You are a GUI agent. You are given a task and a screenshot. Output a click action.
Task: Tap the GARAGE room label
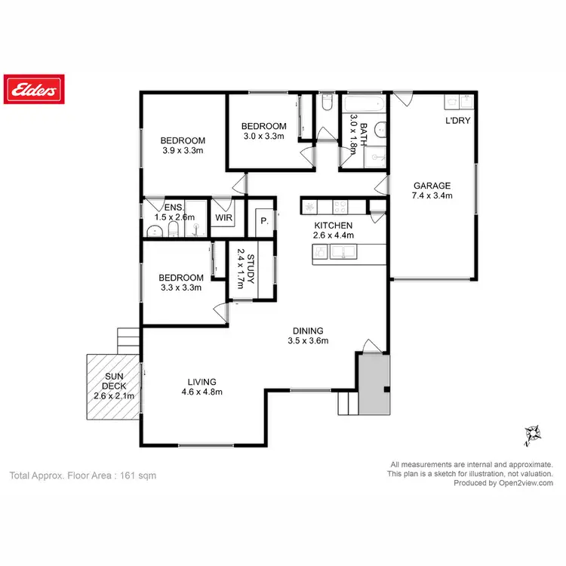coord(432,186)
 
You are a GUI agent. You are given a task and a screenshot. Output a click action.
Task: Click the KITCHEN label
coord(334,225)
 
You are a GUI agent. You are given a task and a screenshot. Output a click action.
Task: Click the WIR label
coord(224,217)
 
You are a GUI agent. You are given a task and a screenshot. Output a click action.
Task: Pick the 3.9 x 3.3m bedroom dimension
coord(183,150)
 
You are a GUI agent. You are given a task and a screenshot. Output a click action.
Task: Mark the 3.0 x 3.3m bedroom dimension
coord(263,136)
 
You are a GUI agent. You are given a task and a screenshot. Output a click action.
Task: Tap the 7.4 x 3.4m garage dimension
coord(432,195)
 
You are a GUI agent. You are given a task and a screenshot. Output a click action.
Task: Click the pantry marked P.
coord(264,221)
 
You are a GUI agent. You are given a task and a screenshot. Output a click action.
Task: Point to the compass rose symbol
coord(533,433)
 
